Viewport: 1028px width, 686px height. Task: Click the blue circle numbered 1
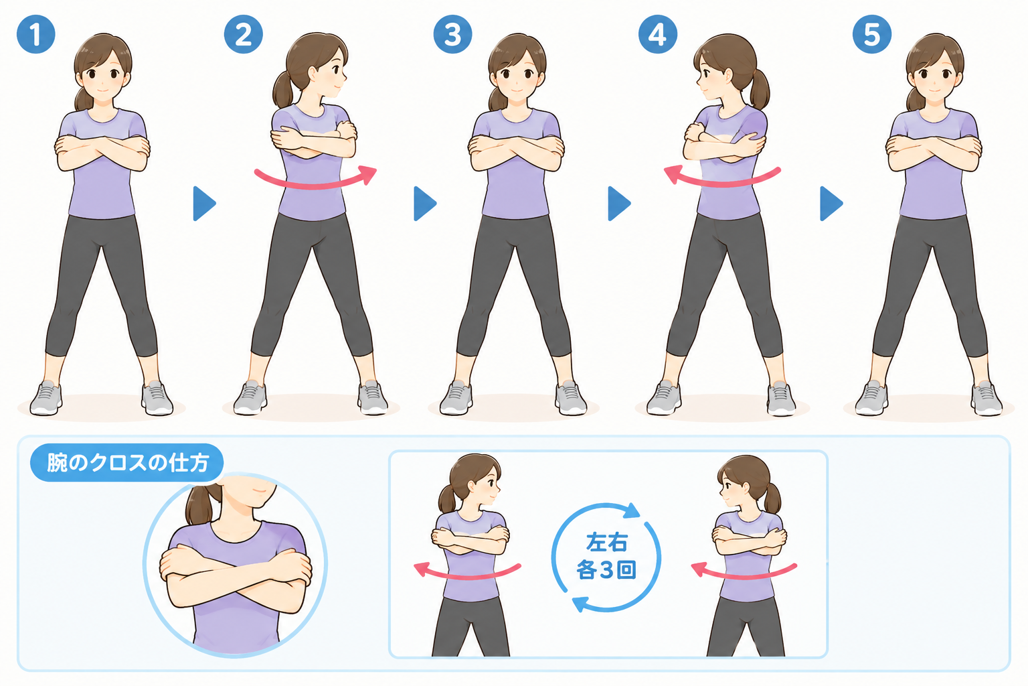(35, 34)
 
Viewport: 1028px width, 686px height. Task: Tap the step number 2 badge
(243, 34)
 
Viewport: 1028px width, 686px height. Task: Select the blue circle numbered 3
(452, 34)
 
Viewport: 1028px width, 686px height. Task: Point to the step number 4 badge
(658, 34)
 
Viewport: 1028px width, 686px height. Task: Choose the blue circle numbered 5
(872, 34)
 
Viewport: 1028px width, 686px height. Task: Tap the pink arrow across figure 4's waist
(722, 184)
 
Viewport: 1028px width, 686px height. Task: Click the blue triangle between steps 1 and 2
(204, 204)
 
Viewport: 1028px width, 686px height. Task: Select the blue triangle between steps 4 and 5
(831, 204)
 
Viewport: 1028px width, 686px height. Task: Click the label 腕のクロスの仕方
(128, 463)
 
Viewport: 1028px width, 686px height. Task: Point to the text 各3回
(606, 570)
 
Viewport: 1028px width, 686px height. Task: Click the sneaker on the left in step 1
(46, 398)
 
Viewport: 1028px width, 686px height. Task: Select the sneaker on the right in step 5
(986, 398)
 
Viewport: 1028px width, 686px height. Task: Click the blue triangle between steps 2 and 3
(425, 204)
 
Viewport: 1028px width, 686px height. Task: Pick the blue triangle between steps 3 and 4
(619, 204)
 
